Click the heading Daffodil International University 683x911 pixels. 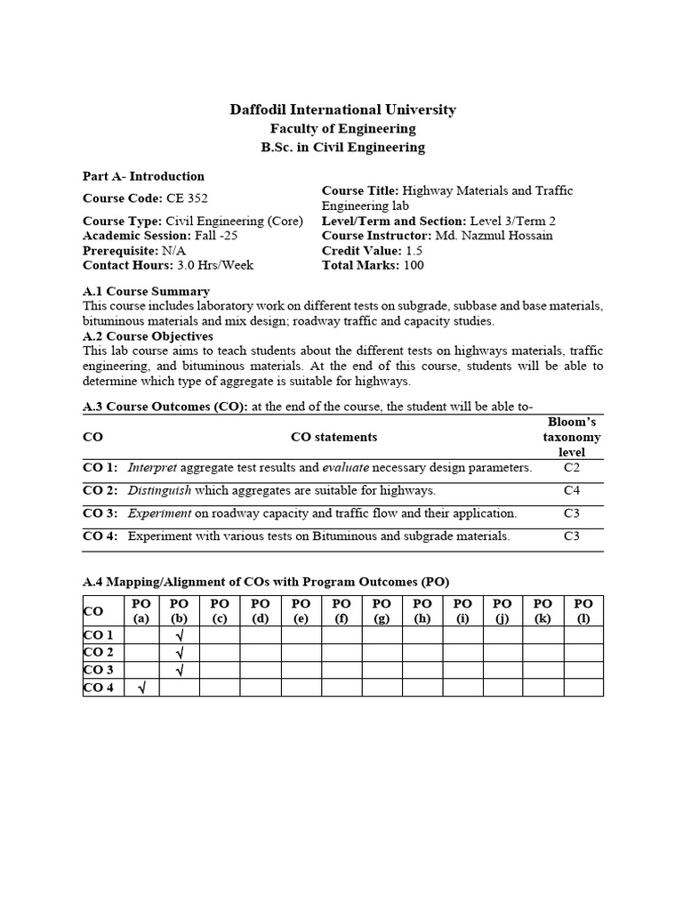pos(342,110)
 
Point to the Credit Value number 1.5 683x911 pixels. pos(414,251)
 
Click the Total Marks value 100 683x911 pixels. pos(414,265)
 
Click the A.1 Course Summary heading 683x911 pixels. pos(146,291)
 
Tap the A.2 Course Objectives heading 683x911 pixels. pos(148,336)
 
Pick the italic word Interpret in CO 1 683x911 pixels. pos(152,467)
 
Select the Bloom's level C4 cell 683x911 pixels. pos(571,490)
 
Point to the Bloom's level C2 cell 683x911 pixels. pos(571,467)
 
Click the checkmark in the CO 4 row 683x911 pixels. pos(141,687)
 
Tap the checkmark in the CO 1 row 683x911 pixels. pos(181,635)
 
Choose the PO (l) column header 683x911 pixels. pos(583,611)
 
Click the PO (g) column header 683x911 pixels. pos(382,611)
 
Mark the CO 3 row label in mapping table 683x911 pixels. pos(98,670)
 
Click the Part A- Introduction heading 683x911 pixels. pos(143,176)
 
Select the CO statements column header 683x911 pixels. pos(333,437)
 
